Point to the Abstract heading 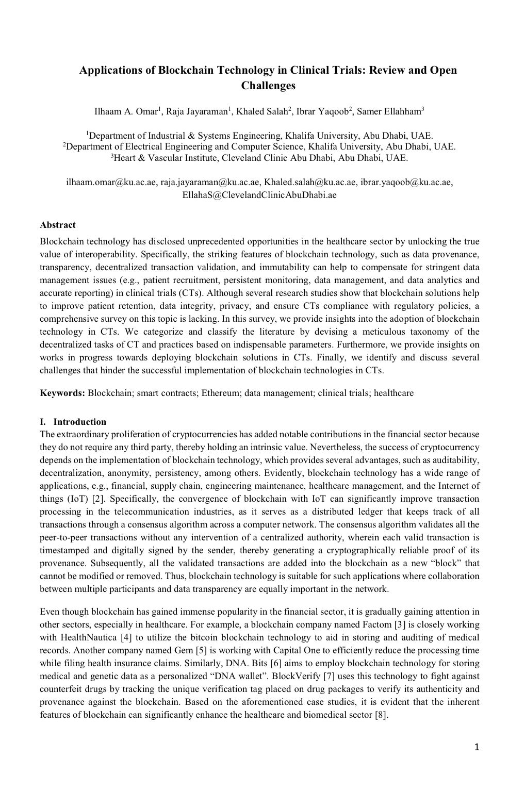click(x=58, y=225)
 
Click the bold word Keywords click(x=62, y=393)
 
